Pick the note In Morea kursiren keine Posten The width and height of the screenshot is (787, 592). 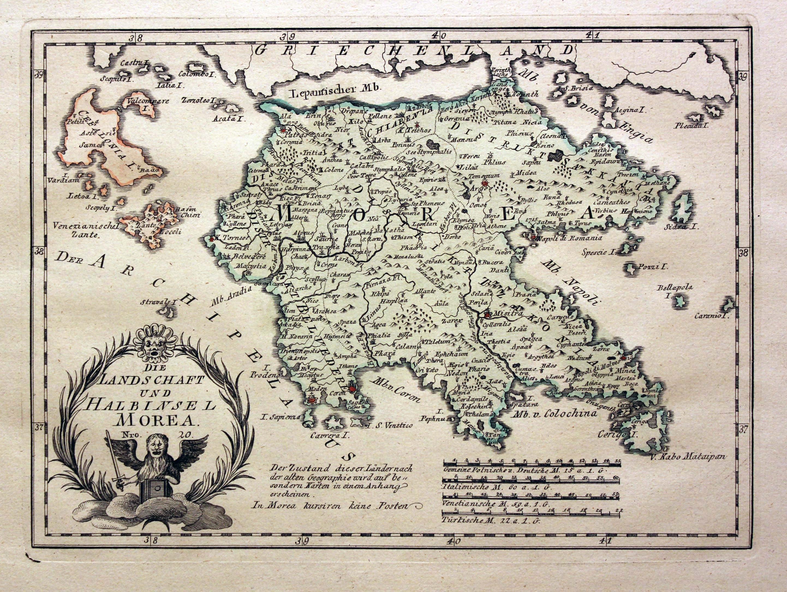(332, 505)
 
